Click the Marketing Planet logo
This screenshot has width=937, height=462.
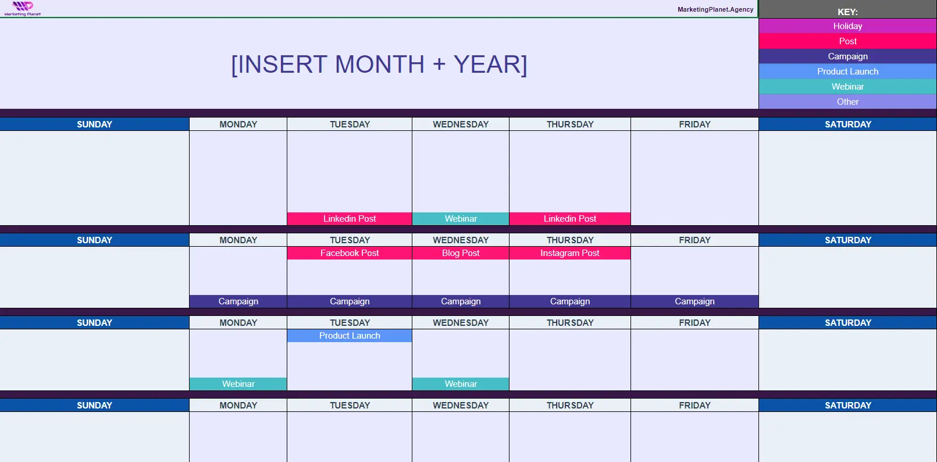(x=23, y=8)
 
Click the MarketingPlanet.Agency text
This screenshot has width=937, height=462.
(x=715, y=9)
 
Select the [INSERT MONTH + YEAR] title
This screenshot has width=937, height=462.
(x=379, y=64)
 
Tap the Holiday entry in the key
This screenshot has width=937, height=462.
(x=847, y=26)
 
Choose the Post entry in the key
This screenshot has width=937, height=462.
(x=847, y=41)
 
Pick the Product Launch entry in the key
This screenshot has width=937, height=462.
(x=847, y=72)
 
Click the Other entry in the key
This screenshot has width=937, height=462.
(x=847, y=102)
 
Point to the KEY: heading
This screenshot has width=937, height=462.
(x=847, y=12)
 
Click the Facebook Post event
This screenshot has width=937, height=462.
(x=350, y=253)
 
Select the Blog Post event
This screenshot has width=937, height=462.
(x=461, y=253)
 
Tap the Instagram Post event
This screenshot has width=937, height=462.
(x=570, y=253)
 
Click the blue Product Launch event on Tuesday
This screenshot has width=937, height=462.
(x=350, y=336)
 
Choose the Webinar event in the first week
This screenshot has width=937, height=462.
(x=461, y=218)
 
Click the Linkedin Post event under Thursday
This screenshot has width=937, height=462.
(x=570, y=218)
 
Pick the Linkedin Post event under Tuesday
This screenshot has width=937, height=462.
(x=350, y=218)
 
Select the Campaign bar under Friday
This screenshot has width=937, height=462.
(x=694, y=301)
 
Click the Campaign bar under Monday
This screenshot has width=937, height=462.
(x=238, y=301)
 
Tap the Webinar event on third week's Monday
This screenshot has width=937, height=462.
(x=238, y=384)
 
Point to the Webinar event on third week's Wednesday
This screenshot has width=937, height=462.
(x=461, y=384)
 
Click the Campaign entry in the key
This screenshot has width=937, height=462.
(x=847, y=56)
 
